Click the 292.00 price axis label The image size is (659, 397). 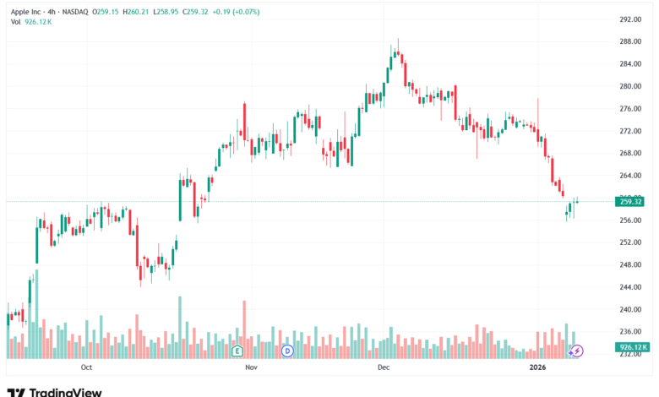click(x=631, y=19)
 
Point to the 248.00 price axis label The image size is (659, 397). click(x=631, y=264)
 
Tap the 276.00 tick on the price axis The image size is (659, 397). click(x=631, y=109)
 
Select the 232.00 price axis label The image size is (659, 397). click(x=631, y=354)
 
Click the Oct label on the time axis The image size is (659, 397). click(x=86, y=368)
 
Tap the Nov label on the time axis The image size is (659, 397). click(x=250, y=368)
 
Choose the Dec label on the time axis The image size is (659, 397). click(x=383, y=368)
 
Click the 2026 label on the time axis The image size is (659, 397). click(x=537, y=368)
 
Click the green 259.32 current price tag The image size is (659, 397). click(x=631, y=202)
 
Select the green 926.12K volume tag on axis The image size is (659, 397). click(x=631, y=347)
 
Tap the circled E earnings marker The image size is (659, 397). click(x=237, y=350)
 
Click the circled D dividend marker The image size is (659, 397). click(x=287, y=350)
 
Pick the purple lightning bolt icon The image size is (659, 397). click(x=578, y=350)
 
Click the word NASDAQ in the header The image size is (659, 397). click(x=79, y=12)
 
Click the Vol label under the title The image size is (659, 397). click(x=15, y=22)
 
